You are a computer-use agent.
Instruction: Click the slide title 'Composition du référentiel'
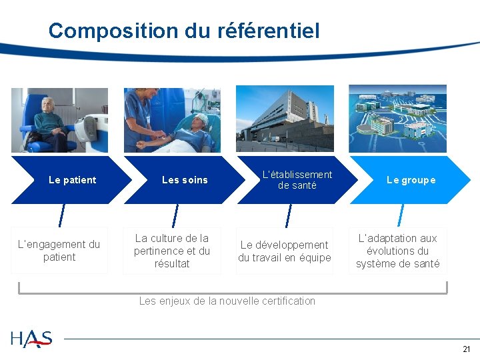(x=184, y=31)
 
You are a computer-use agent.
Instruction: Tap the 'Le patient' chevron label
(x=73, y=180)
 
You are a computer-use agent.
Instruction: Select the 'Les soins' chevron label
(x=185, y=180)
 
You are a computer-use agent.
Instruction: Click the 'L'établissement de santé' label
(x=297, y=180)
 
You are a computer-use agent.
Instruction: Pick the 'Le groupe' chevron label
(x=411, y=180)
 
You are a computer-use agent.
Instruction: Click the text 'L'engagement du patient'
(x=59, y=251)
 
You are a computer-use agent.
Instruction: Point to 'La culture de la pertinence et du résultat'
(x=172, y=251)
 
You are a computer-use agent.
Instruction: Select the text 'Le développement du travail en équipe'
(x=285, y=251)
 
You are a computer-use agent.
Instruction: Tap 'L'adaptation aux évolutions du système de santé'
(x=397, y=251)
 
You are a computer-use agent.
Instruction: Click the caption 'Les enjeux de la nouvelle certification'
(x=227, y=301)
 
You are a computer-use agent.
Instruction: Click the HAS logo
(x=31, y=339)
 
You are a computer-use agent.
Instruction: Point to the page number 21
(x=466, y=349)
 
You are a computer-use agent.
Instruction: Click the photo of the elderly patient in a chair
(x=59, y=121)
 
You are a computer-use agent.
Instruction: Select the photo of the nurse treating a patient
(x=172, y=120)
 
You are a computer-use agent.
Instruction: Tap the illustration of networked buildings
(x=397, y=119)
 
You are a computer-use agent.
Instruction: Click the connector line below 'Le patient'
(x=61, y=215)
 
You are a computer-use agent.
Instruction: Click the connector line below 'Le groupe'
(x=401, y=215)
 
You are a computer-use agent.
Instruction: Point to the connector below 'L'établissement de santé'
(x=288, y=215)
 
